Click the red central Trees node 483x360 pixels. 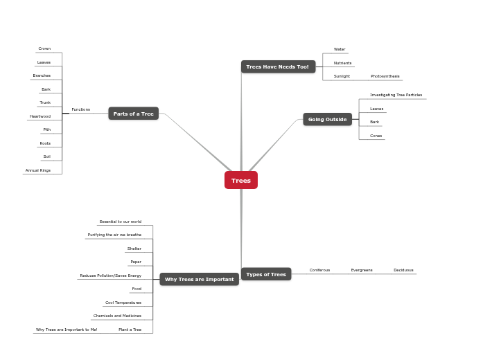(x=240, y=180)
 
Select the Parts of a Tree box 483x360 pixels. (x=133, y=114)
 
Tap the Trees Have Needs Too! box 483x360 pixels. (x=278, y=66)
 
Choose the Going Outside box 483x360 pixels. (x=327, y=119)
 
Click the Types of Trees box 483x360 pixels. (x=266, y=274)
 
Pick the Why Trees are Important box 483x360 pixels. (x=200, y=279)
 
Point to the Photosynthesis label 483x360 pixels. (x=385, y=76)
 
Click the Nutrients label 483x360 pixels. (x=342, y=63)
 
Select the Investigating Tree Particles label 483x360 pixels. (x=396, y=95)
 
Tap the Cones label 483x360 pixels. (x=376, y=136)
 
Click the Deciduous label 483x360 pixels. (x=403, y=270)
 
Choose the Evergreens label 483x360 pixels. (x=362, y=270)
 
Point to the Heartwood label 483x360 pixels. (x=40, y=116)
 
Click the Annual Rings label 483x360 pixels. (x=38, y=170)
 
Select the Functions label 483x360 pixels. (x=80, y=109)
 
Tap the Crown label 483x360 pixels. (x=44, y=48)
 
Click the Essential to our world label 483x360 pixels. (x=120, y=222)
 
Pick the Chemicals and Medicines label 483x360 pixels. (x=117, y=316)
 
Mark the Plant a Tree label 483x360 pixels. (x=130, y=330)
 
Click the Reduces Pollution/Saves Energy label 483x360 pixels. (x=110, y=276)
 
